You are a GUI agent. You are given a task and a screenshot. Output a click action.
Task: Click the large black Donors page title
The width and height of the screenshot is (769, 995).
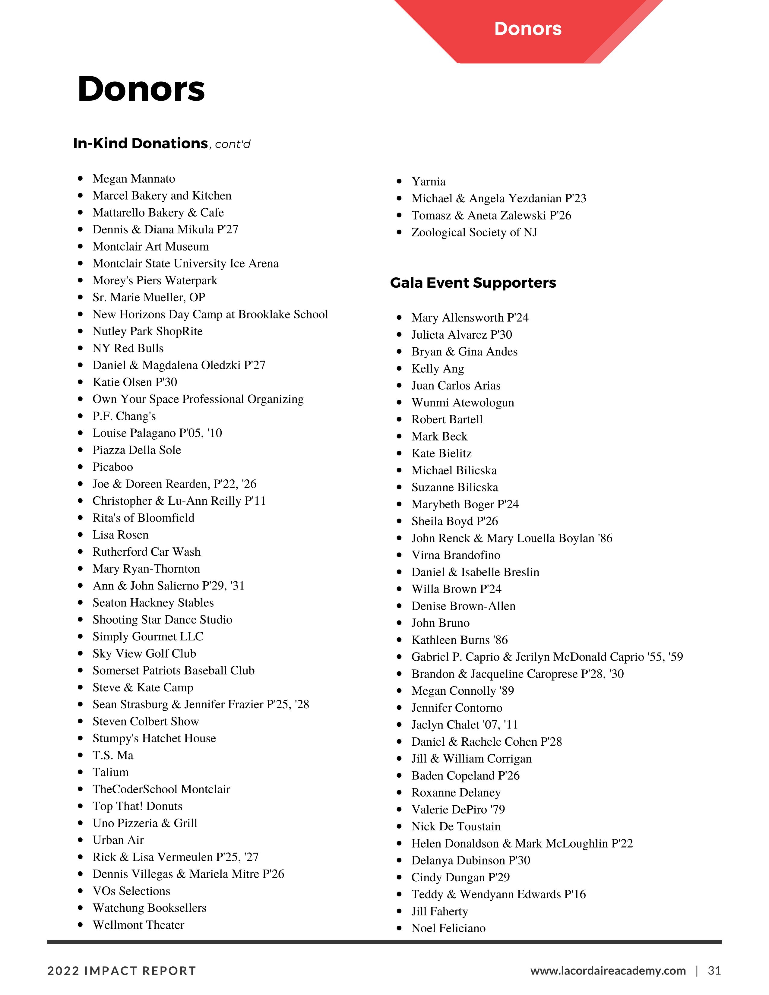tap(141, 89)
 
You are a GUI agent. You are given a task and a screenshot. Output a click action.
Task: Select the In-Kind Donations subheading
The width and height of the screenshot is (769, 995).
tap(140, 144)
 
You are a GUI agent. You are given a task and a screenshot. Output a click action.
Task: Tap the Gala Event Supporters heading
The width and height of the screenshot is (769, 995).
tap(473, 283)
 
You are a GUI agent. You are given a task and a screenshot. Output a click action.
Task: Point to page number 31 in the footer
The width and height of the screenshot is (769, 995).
tap(714, 970)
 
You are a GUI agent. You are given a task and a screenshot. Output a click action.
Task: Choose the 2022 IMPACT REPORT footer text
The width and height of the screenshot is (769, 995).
tap(122, 971)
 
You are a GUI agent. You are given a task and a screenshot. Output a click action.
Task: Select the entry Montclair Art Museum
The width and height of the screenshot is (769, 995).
tap(150, 246)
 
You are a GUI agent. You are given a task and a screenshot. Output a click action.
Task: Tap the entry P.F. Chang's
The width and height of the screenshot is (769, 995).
tap(124, 416)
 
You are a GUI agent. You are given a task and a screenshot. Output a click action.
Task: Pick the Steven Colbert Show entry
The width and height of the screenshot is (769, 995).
tap(146, 722)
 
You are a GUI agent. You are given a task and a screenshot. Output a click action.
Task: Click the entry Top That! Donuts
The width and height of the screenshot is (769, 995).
tap(137, 806)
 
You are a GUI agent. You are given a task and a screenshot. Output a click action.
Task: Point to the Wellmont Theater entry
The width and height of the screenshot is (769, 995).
tap(138, 925)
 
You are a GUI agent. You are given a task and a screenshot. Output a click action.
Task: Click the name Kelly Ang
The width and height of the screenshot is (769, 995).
tap(437, 368)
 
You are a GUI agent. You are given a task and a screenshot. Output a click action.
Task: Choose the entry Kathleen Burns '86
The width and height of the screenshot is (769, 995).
tap(459, 640)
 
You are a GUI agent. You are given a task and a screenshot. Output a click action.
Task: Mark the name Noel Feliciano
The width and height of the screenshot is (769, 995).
tap(448, 928)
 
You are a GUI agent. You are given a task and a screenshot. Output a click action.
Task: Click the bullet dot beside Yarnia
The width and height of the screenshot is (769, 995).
tap(399, 181)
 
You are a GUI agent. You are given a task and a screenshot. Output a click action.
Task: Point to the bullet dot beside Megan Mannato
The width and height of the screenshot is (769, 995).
tap(80, 178)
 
